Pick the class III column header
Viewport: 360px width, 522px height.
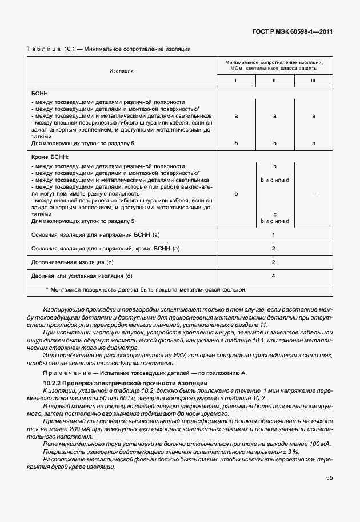click(x=313, y=81)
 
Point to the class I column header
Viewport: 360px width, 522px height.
click(x=236, y=81)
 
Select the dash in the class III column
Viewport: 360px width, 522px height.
click(x=313, y=194)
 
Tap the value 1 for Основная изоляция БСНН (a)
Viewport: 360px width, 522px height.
click(x=274, y=235)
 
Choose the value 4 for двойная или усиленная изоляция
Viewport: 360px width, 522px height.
click(x=274, y=277)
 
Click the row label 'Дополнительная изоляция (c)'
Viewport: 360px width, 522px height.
click(x=71, y=262)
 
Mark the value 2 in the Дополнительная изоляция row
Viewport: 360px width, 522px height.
click(x=274, y=262)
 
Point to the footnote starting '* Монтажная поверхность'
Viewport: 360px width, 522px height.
click(x=146, y=290)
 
